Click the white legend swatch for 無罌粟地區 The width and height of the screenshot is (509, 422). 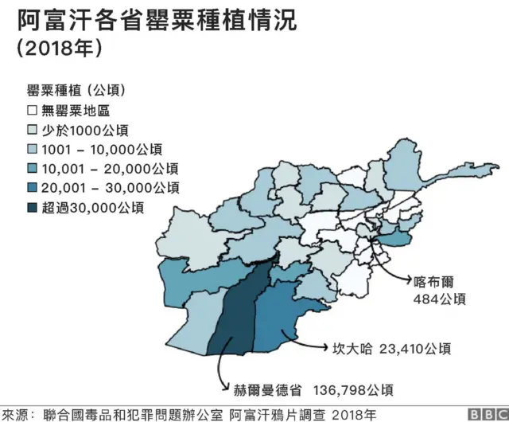(33, 110)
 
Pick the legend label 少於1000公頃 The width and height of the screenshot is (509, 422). (86, 130)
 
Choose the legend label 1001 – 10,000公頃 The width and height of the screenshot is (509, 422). (100, 149)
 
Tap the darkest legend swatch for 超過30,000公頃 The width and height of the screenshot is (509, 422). (33, 208)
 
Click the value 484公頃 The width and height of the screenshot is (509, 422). (438, 299)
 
